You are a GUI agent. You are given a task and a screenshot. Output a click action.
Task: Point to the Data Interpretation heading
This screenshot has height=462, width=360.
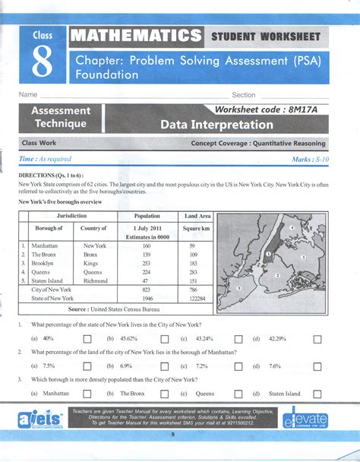[x=216, y=125]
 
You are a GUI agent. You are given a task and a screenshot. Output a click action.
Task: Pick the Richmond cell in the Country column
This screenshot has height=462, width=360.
[x=94, y=280]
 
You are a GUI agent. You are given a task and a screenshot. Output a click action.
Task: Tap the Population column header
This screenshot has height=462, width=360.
[x=147, y=217]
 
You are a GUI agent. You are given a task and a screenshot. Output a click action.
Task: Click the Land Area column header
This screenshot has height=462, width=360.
[x=197, y=217]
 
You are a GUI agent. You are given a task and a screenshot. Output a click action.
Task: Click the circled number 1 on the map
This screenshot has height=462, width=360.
[x=268, y=255]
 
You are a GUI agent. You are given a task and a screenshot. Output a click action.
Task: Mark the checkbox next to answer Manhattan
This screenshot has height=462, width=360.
[x=87, y=394]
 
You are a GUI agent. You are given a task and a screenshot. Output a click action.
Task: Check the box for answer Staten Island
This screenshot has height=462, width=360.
[x=317, y=394]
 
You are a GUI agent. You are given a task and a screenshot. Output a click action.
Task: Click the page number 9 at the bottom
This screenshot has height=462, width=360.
[x=172, y=434]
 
